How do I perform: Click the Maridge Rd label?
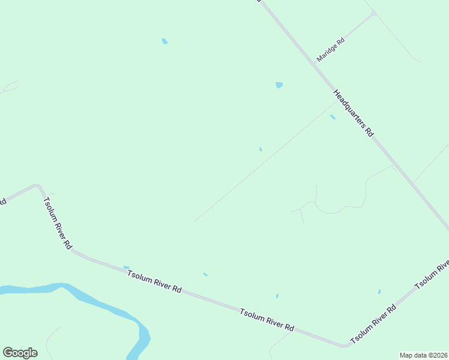[x=331, y=50]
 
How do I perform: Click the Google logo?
[x=20, y=353]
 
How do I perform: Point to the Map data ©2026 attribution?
[x=423, y=355]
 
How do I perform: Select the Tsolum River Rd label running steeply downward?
[x=58, y=222]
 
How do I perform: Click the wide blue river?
[x=90, y=300]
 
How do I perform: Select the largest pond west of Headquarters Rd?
[x=279, y=85]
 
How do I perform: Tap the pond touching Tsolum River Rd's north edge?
[x=126, y=268]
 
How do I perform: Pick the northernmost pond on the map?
[x=164, y=41]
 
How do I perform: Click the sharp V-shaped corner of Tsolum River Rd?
[x=345, y=345]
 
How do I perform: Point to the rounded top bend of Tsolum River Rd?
[x=37, y=186]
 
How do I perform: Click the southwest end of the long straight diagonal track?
[x=194, y=221]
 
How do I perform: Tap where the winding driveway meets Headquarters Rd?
[x=393, y=164]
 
